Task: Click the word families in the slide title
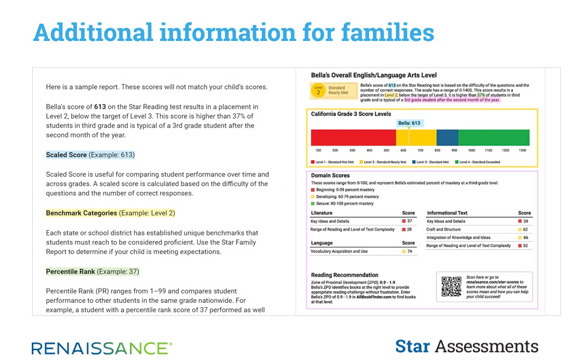point(387,32)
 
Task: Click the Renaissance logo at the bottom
point(102,348)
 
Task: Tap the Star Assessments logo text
point(467,346)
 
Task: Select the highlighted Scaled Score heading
point(66,155)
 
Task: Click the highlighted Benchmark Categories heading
point(81,213)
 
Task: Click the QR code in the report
point(451,286)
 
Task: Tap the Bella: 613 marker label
point(409,123)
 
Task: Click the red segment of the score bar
point(353,137)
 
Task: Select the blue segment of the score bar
point(447,137)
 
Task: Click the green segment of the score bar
point(493,137)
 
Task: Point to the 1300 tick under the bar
point(522,150)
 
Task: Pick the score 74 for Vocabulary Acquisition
point(409,252)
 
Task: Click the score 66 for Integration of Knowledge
point(525,238)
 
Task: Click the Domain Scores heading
point(330,175)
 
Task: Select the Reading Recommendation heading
point(345,275)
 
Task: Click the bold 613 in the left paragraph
point(100,107)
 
